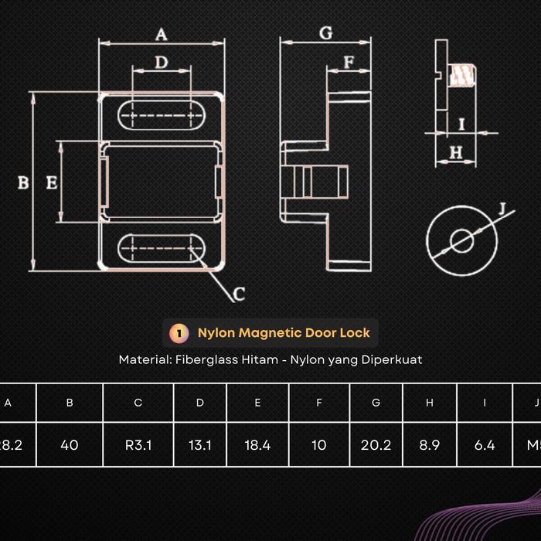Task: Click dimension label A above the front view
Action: (x=162, y=34)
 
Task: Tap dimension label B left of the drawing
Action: (x=23, y=183)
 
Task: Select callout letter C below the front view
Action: (x=239, y=294)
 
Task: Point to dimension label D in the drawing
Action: (x=161, y=62)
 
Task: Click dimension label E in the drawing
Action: (x=51, y=183)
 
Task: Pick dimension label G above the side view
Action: (x=325, y=32)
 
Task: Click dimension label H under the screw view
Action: (x=455, y=153)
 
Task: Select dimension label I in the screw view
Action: (x=461, y=124)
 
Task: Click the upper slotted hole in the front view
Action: (x=162, y=116)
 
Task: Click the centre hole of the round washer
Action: (x=463, y=240)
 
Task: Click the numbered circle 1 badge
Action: (x=179, y=333)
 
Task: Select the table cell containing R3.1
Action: (x=138, y=445)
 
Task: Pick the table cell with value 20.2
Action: (x=376, y=445)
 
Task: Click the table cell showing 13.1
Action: (x=199, y=445)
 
